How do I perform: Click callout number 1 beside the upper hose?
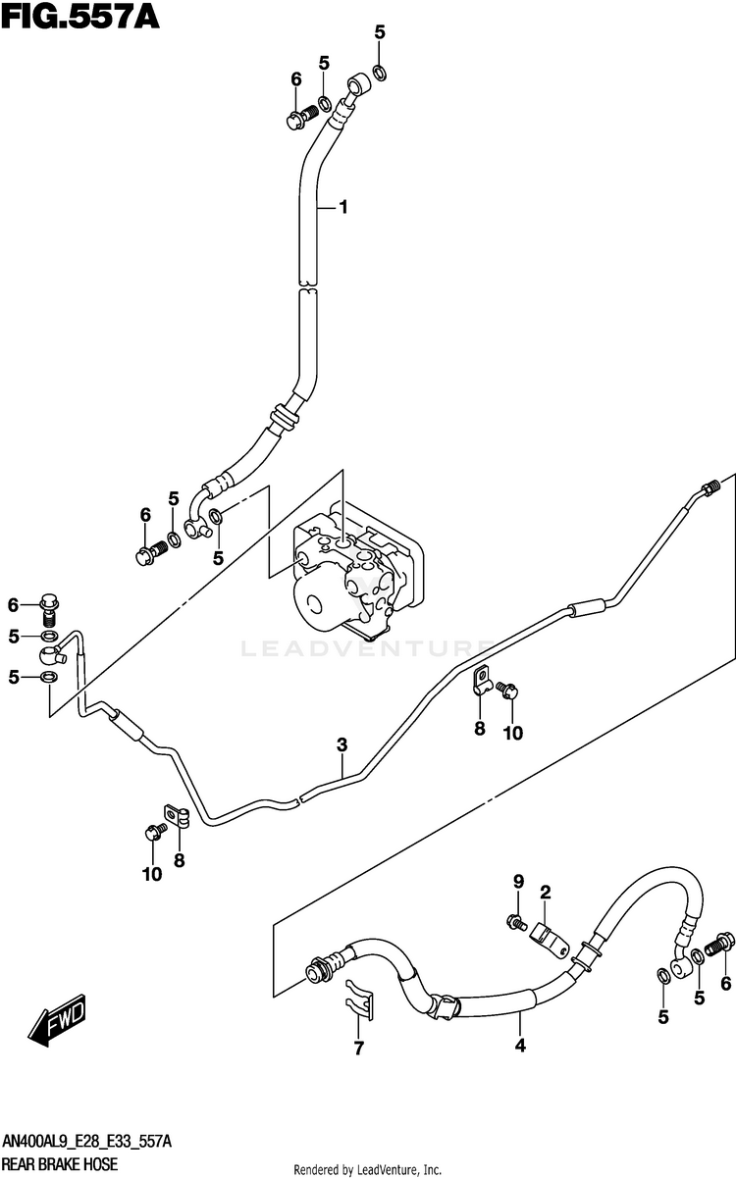[344, 207]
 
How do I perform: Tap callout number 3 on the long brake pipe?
[342, 745]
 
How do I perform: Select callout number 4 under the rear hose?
[520, 1047]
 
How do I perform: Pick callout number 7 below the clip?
[358, 1050]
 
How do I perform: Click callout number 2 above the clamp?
[545, 892]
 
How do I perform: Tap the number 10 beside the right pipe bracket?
[513, 732]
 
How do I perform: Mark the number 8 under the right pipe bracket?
[480, 728]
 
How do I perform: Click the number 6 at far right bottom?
[725, 984]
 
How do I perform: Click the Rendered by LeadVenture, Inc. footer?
[368, 1170]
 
